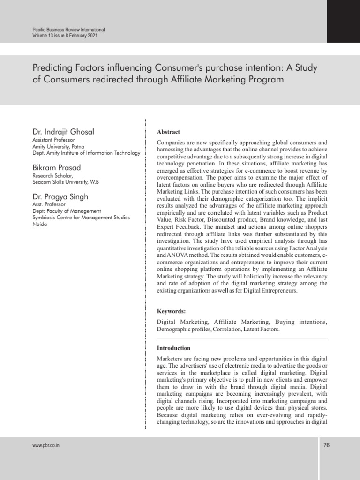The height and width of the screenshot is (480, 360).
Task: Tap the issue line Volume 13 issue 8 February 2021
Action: [65, 35]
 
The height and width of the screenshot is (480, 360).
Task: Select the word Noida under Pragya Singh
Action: [40, 224]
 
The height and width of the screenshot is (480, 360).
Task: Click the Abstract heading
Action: [168, 132]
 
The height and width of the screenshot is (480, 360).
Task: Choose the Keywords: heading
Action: [171, 311]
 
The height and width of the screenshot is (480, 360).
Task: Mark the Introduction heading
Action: [173, 348]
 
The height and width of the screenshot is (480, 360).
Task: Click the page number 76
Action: [327, 445]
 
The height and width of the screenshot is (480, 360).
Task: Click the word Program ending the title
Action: [264, 80]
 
